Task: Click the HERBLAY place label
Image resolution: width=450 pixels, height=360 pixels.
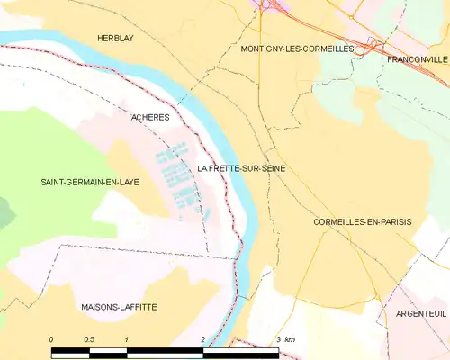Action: click(x=116, y=38)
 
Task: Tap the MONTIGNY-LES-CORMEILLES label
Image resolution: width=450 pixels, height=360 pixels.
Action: click(x=297, y=49)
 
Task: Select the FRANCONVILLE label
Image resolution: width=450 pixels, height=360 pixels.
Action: click(x=417, y=59)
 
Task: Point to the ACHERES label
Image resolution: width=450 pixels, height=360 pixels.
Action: click(x=150, y=117)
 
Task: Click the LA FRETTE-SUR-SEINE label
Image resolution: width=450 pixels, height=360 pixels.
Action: click(x=240, y=168)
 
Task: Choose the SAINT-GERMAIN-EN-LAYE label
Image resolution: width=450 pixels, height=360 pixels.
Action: click(x=89, y=182)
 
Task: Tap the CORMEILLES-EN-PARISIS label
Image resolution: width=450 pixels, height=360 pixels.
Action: click(x=361, y=221)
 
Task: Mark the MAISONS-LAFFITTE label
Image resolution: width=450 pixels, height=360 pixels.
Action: click(x=117, y=307)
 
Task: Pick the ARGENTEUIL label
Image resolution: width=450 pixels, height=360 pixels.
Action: click(x=420, y=313)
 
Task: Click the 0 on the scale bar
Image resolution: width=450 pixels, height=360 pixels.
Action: click(x=52, y=338)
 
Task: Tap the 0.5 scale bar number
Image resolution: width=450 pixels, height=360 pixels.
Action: click(x=89, y=338)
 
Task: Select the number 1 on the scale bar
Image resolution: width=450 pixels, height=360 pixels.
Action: click(x=127, y=338)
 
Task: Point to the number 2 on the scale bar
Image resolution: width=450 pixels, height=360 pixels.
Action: click(x=203, y=338)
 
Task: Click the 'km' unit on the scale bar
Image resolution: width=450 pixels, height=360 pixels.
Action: click(x=289, y=338)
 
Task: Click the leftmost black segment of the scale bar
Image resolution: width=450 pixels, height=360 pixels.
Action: click(x=70, y=350)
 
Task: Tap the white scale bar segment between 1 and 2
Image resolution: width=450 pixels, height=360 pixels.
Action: click(x=165, y=350)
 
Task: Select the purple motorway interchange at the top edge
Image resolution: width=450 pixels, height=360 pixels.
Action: click(x=267, y=5)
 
